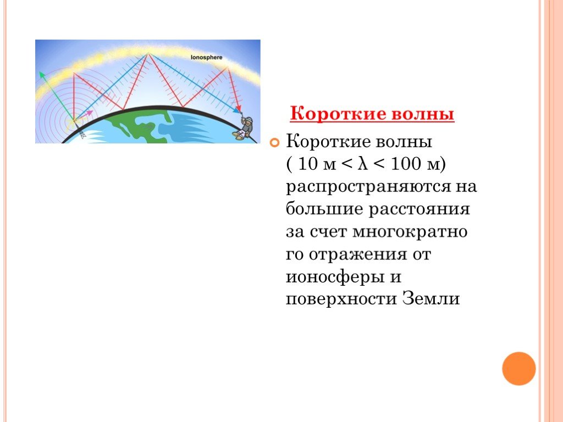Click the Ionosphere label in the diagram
207,57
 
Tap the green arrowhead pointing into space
42,75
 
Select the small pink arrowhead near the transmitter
90,113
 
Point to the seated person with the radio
244,128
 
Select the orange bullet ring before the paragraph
274,143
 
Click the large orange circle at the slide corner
518,369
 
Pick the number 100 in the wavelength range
405,164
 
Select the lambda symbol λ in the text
363,164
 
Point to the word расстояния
420,209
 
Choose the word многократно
410,232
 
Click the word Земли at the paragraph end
431,299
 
